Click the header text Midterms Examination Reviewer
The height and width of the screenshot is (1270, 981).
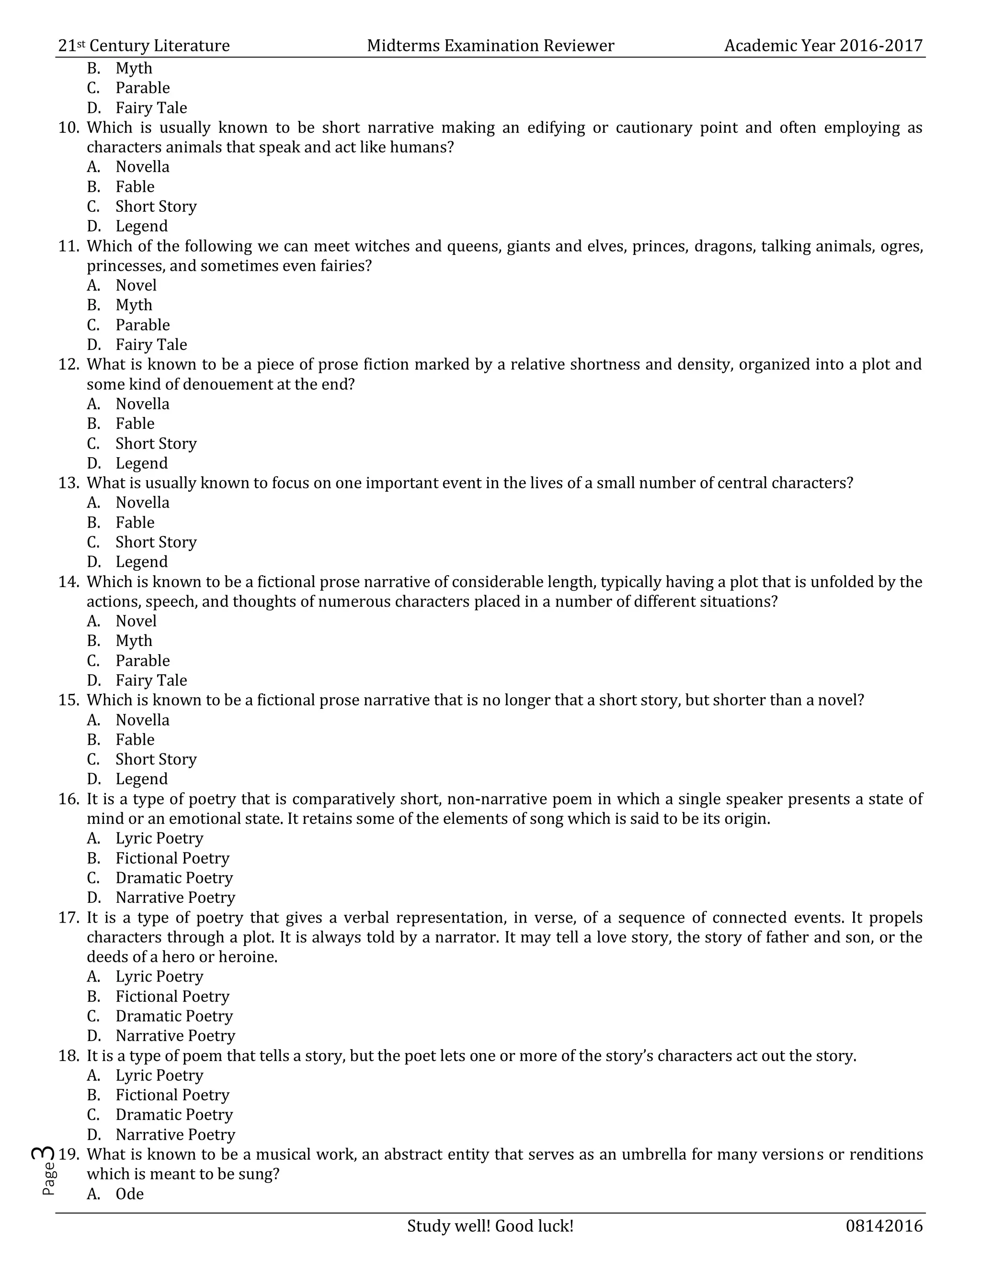point(490,46)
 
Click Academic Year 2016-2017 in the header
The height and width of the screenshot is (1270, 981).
point(823,46)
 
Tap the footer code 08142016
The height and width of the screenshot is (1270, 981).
point(884,1226)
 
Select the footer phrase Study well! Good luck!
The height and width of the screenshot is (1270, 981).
point(490,1226)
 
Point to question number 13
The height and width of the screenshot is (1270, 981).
point(68,483)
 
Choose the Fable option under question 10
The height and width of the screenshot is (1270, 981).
point(135,186)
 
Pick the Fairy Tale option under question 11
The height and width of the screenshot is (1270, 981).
point(151,345)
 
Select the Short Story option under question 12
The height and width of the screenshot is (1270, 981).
point(156,444)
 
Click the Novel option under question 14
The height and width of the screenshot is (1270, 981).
point(136,621)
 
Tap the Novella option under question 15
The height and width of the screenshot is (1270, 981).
point(142,720)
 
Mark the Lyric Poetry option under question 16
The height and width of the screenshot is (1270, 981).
point(159,839)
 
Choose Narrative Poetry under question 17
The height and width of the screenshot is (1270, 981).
point(175,1036)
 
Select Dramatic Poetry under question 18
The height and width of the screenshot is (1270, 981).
point(174,1115)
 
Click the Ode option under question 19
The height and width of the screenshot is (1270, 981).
point(130,1194)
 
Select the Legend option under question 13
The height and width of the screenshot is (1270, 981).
point(141,562)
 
